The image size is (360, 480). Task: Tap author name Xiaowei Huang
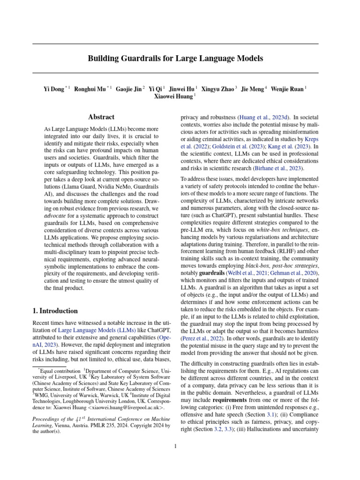tap(173, 97)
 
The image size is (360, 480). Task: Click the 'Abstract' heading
tap(101, 117)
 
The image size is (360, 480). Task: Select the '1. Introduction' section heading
tap(55, 311)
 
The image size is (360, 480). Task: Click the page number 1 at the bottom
tap(175, 446)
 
